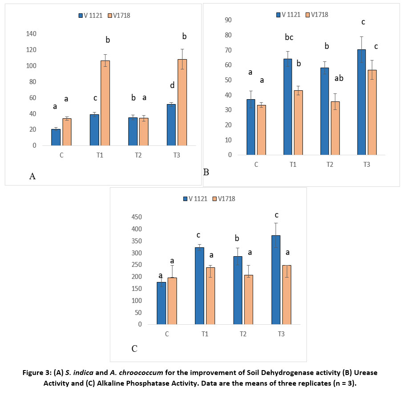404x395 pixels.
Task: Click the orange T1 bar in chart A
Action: [x=105, y=103]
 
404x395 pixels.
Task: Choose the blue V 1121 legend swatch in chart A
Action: [x=81, y=16]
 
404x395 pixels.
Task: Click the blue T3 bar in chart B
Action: [x=361, y=102]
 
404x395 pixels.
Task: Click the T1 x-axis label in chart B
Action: [x=292, y=164]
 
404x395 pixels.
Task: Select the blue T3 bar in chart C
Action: [x=276, y=280]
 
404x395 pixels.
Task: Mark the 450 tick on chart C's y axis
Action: [x=136, y=217]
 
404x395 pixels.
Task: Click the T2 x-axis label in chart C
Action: [x=243, y=334]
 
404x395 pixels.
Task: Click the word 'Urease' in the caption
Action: [x=365, y=372]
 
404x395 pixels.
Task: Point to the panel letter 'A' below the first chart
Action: [x=32, y=177]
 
